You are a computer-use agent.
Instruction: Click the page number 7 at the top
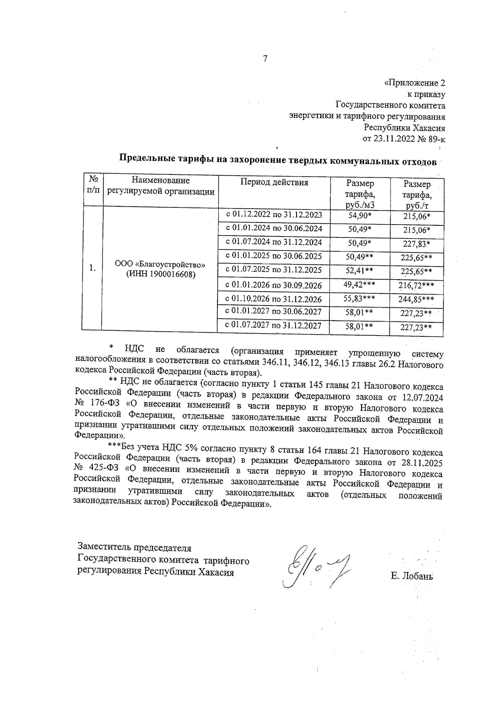[265, 58]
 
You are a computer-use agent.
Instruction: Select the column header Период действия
[274, 183]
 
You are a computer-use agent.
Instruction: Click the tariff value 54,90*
[359, 215]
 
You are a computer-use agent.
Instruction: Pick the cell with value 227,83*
[417, 244]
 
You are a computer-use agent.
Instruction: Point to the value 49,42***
[359, 284]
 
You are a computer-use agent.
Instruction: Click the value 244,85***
[417, 300]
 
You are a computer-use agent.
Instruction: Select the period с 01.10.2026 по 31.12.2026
[273, 299]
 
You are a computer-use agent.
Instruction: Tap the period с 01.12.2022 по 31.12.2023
[273, 215]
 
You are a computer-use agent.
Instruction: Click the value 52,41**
[359, 271]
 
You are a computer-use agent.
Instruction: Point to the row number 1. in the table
[92, 268]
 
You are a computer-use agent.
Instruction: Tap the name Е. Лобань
[412, 576]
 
